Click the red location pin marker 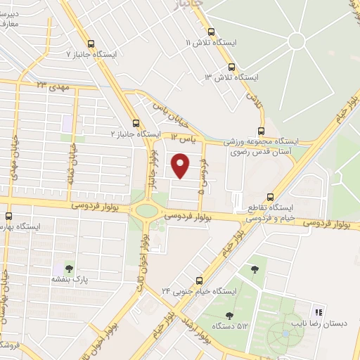tap(181, 166)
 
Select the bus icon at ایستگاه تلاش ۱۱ tap(212, 31)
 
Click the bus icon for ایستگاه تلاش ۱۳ tap(232, 67)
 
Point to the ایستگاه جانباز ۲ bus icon tap(135, 122)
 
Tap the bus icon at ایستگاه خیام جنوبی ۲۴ tap(199, 280)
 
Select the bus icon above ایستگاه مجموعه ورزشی tap(262, 130)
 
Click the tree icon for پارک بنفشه tap(68, 268)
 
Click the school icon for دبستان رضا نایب tap(316, 311)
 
